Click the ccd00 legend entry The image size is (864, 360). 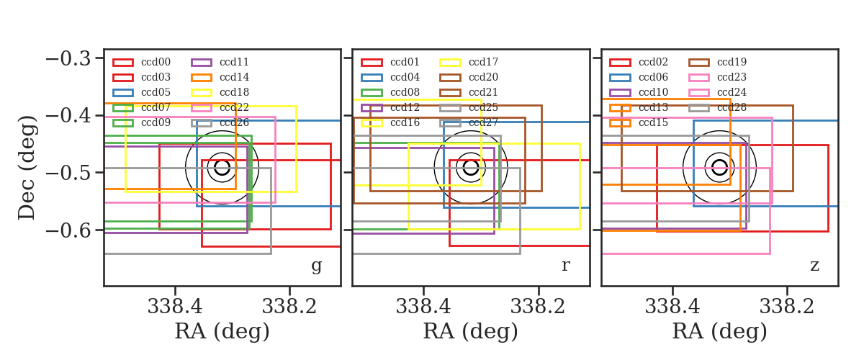142,62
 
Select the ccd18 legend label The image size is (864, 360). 235,92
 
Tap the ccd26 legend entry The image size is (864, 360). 220,122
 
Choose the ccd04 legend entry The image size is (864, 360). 390,77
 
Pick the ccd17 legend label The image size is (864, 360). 483,62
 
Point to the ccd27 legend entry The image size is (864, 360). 469,122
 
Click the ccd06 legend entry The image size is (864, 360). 639,77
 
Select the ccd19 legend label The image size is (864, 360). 732,62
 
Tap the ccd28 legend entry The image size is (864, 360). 717,108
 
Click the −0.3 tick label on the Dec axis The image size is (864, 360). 68,58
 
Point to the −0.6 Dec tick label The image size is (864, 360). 68,230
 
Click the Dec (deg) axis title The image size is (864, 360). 27,168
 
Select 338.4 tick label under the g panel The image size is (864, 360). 175,307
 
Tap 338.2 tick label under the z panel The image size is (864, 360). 786,307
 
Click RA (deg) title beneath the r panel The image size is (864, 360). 471,331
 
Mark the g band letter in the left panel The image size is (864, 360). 316,266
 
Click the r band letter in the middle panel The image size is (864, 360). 565,265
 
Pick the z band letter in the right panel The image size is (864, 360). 814,266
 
